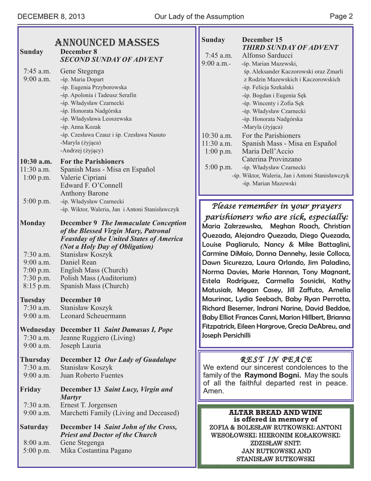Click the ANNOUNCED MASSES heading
107,42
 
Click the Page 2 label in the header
341,16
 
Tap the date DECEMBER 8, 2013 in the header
51,16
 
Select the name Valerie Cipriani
83,178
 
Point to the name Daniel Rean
78,262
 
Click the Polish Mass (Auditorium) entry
98,278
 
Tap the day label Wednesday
38,330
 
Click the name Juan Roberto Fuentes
92,375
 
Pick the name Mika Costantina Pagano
96,450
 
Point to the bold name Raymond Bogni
273,375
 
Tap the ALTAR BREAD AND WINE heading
275,412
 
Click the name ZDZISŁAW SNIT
275,443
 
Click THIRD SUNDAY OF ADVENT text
290,47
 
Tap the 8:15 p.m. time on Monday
37,286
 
